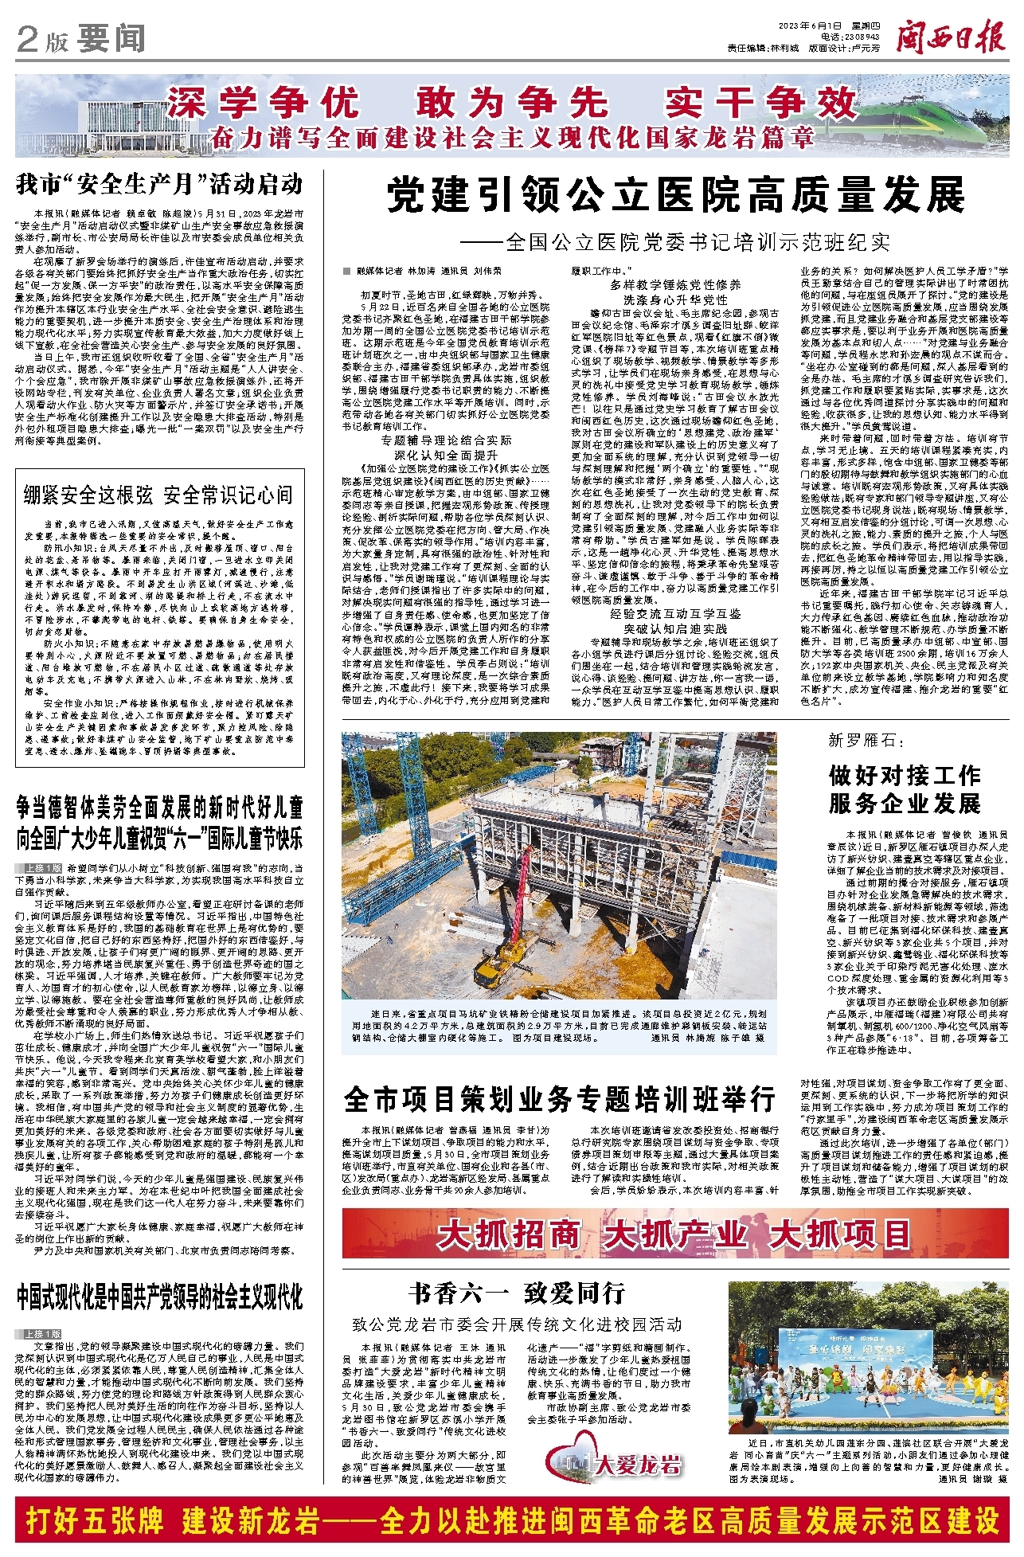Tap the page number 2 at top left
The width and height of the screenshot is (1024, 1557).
click(x=28, y=40)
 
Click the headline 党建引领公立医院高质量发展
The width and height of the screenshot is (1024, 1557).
click(x=676, y=196)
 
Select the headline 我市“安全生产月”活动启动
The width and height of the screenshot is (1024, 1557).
click(x=159, y=185)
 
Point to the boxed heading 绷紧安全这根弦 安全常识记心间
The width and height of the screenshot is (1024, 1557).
click(x=158, y=495)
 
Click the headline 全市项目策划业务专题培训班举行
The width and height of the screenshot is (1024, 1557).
click(x=560, y=1100)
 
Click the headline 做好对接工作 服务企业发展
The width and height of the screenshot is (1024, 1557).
click(x=904, y=789)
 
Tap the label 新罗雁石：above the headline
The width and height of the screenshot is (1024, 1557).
click(x=867, y=741)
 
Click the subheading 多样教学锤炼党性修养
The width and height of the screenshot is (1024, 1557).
click(x=675, y=284)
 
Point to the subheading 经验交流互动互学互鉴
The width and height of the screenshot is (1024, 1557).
click(x=675, y=614)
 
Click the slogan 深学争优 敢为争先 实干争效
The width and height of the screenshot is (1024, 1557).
click(x=510, y=104)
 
